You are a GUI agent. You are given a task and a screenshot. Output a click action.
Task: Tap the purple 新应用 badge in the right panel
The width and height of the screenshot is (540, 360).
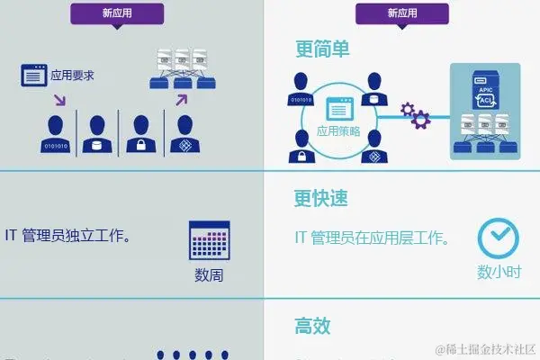[x=403, y=13]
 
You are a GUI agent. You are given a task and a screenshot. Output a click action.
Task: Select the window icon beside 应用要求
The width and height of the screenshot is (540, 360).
[x=35, y=76]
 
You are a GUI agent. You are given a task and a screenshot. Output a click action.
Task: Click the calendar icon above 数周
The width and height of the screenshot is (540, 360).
[x=209, y=240]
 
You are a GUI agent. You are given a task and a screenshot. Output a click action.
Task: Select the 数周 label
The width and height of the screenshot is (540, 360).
[x=209, y=275]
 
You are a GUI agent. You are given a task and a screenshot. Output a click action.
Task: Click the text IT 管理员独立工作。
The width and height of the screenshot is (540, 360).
[x=70, y=238]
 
